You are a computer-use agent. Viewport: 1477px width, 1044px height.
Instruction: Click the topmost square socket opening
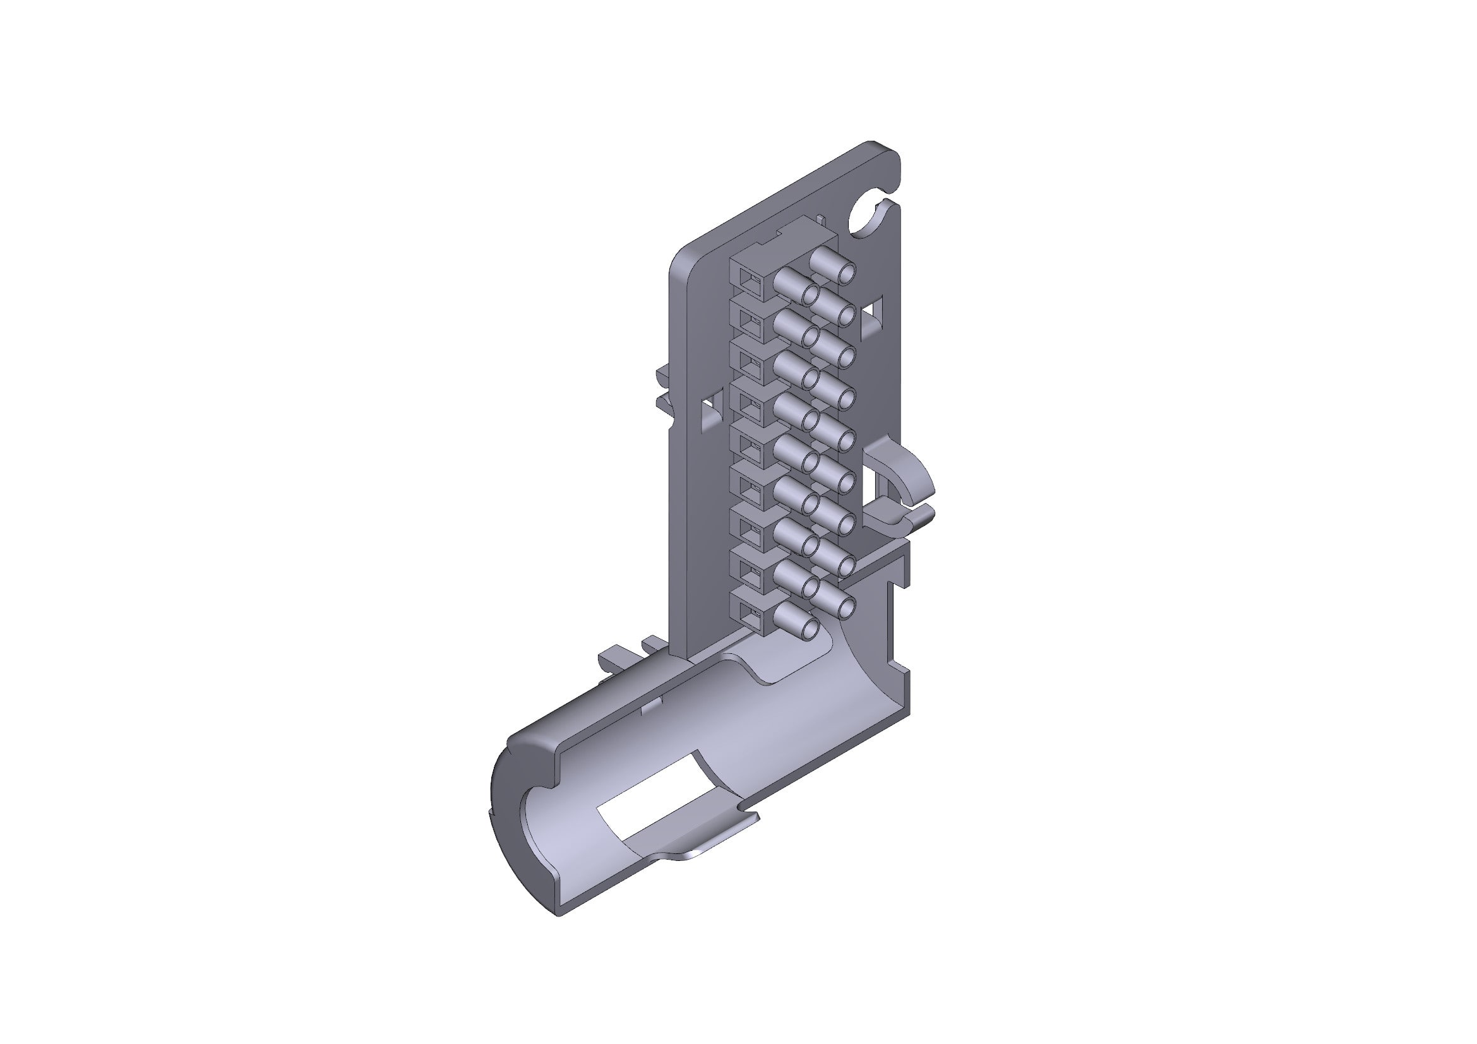point(750,280)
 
